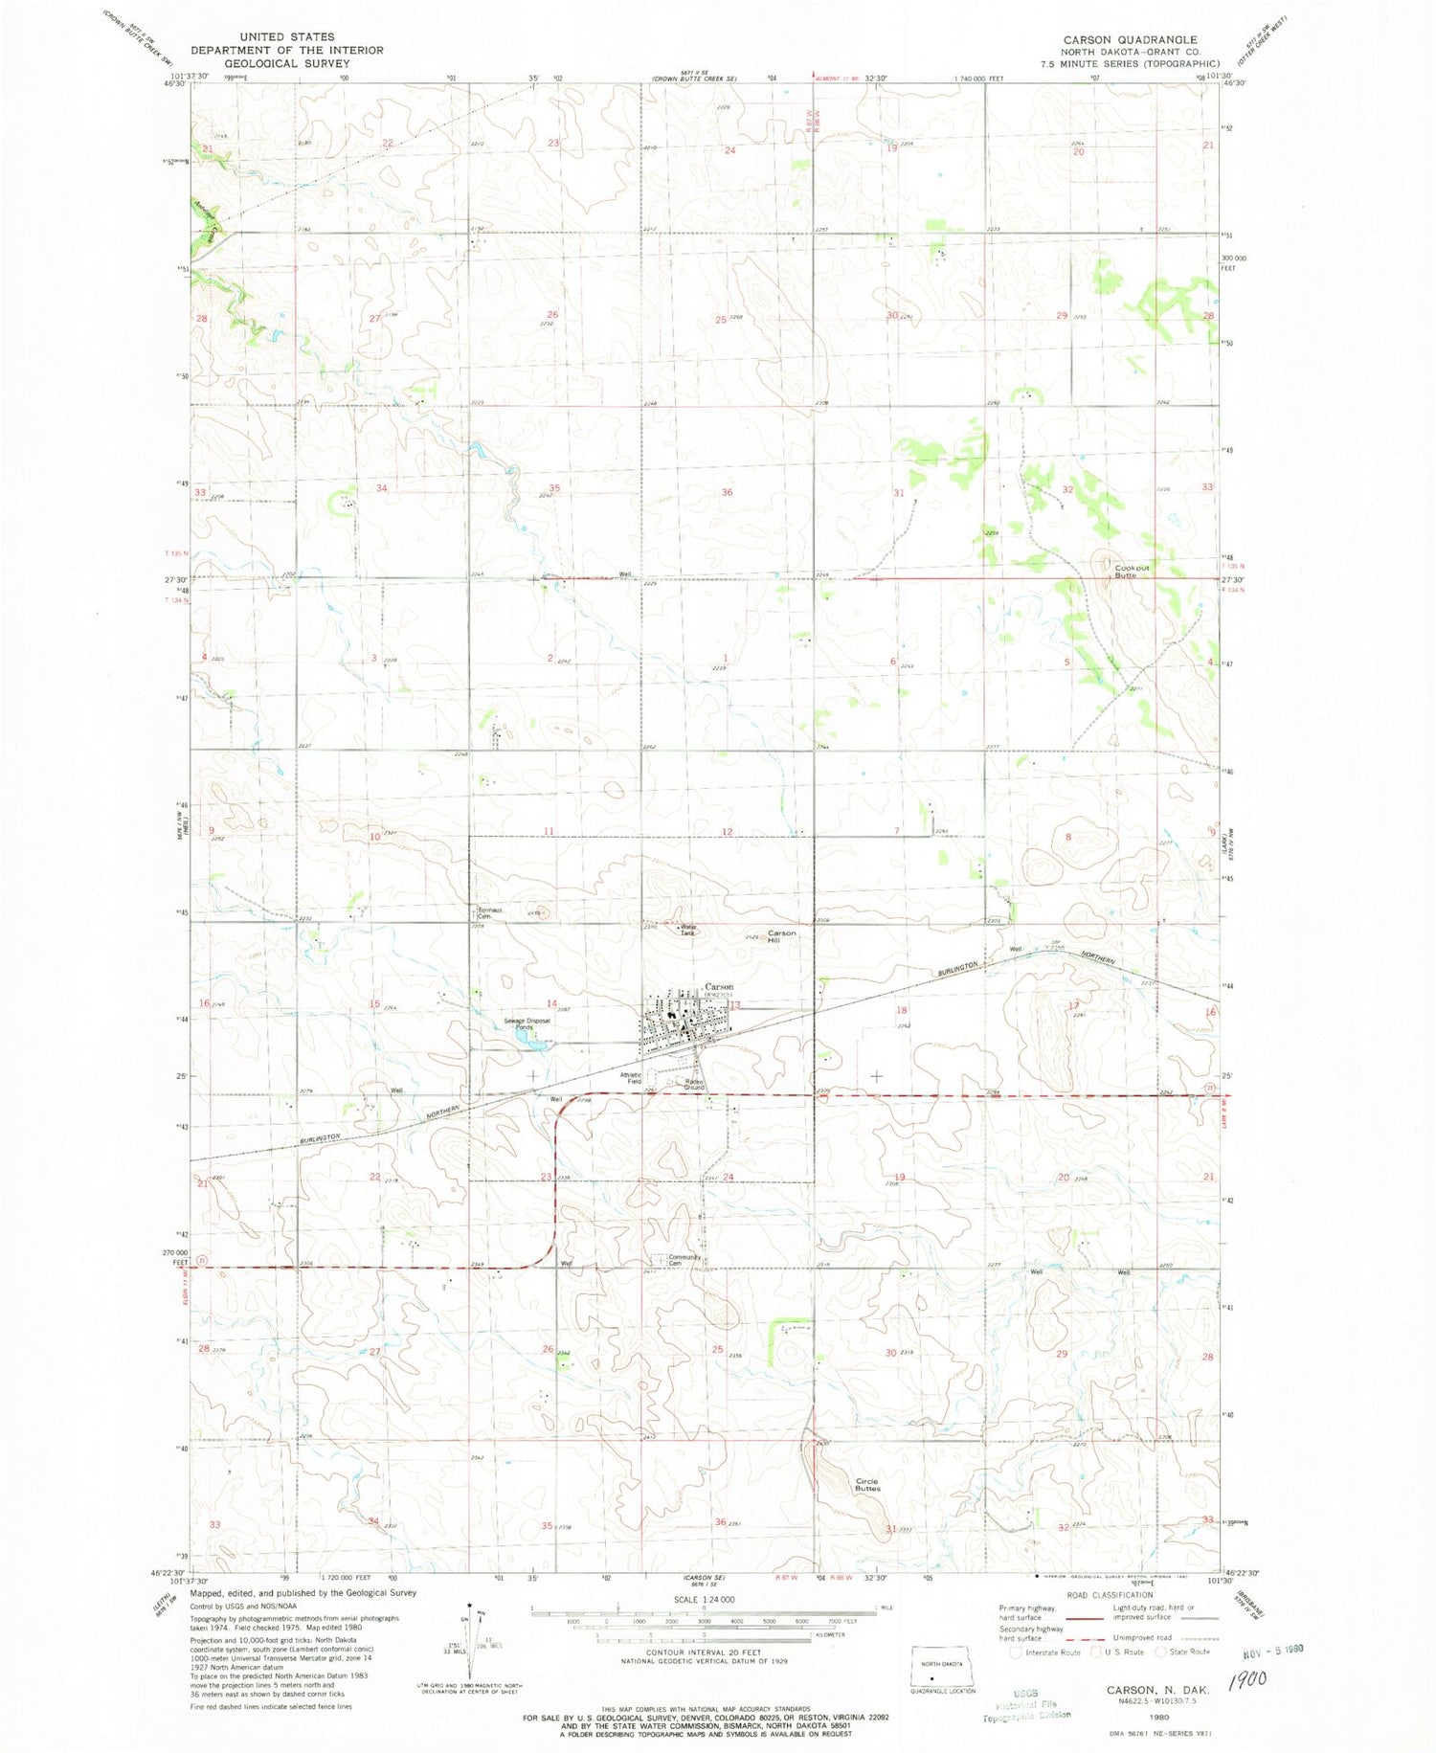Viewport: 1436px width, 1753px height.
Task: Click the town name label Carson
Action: coord(719,985)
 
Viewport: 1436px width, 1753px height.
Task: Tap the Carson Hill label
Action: coord(781,936)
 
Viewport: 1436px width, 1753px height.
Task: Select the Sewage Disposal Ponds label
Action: coord(527,1023)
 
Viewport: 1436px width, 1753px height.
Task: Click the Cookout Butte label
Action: coord(1132,571)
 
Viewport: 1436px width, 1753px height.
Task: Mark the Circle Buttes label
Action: coord(867,1485)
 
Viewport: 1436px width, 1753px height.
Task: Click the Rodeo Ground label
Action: coord(694,1085)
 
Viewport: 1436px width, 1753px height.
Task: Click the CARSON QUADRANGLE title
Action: coord(1129,40)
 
